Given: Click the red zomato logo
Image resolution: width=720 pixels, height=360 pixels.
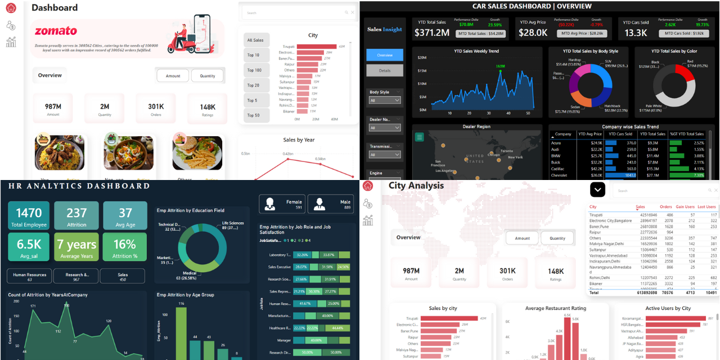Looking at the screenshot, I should [x=56, y=31].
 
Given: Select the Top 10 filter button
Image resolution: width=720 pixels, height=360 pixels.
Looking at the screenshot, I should [x=254, y=55].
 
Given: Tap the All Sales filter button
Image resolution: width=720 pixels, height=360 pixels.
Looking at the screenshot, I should [x=255, y=40].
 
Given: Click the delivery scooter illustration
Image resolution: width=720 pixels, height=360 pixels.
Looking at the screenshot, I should [x=190, y=35].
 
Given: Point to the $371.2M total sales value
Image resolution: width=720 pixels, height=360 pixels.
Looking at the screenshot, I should [x=432, y=33].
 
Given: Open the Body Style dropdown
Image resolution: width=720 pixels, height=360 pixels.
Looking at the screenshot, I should [x=385, y=101].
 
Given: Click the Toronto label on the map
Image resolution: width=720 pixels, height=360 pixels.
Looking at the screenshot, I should [x=507, y=151].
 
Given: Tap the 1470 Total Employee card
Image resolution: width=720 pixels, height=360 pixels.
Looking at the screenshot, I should [x=29, y=216].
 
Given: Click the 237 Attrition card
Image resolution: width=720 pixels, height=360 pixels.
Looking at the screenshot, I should [x=76, y=216].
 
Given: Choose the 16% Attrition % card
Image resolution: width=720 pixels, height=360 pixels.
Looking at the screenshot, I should [x=124, y=247].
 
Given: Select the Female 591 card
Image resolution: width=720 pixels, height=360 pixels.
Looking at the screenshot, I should [x=282, y=204].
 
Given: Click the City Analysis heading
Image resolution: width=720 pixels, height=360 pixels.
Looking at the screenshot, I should [x=416, y=186].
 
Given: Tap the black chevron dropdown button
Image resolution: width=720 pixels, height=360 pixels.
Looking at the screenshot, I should [x=597, y=190].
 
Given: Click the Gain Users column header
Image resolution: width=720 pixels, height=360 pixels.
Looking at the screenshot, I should [x=685, y=207].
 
